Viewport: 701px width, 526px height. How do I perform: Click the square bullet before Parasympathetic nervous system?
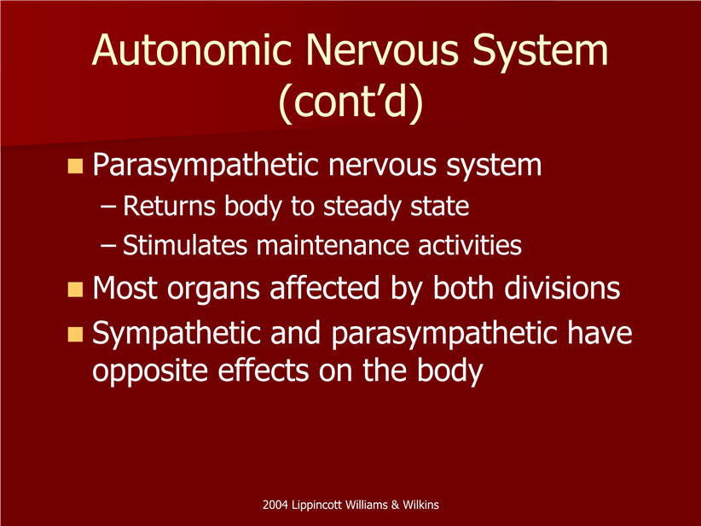[76, 166]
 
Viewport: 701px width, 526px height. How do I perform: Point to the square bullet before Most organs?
[76, 289]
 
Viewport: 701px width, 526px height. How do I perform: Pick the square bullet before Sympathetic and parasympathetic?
[76, 335]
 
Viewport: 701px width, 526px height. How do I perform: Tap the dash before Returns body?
[108, 207]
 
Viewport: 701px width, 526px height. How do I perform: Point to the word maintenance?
[333, 245]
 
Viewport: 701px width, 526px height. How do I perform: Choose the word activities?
[470, 245]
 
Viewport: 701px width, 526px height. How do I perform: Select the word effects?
[263, 371]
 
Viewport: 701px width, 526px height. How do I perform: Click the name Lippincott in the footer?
[311, 506]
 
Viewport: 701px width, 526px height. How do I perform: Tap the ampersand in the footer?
[395, 505]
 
